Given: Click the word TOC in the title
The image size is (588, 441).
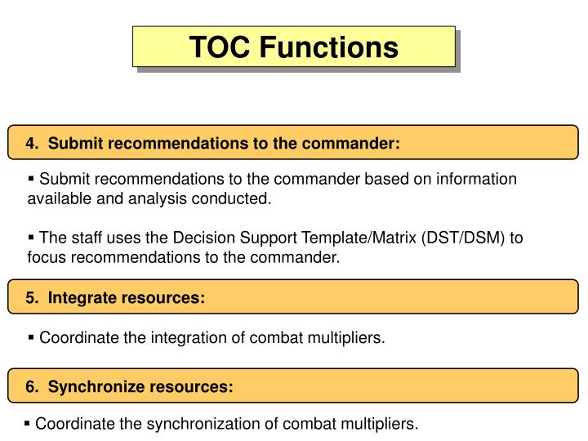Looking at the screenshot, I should pos(220,47).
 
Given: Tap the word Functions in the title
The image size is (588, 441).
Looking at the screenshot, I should pos(329,47).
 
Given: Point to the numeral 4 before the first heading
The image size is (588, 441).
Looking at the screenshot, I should pos(29,144).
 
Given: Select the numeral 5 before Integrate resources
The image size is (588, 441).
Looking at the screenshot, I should pos(29,298).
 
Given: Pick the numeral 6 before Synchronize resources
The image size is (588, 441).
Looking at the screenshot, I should pos(29,387).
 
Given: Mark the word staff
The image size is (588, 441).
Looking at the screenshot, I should pos(84,238).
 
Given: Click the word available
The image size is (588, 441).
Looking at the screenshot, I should pos(56,198).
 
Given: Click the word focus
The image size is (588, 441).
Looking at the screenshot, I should pos(46,257).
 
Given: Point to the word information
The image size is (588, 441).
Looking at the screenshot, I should pos(478,179).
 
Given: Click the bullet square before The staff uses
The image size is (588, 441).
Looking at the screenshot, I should pos(32,237).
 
